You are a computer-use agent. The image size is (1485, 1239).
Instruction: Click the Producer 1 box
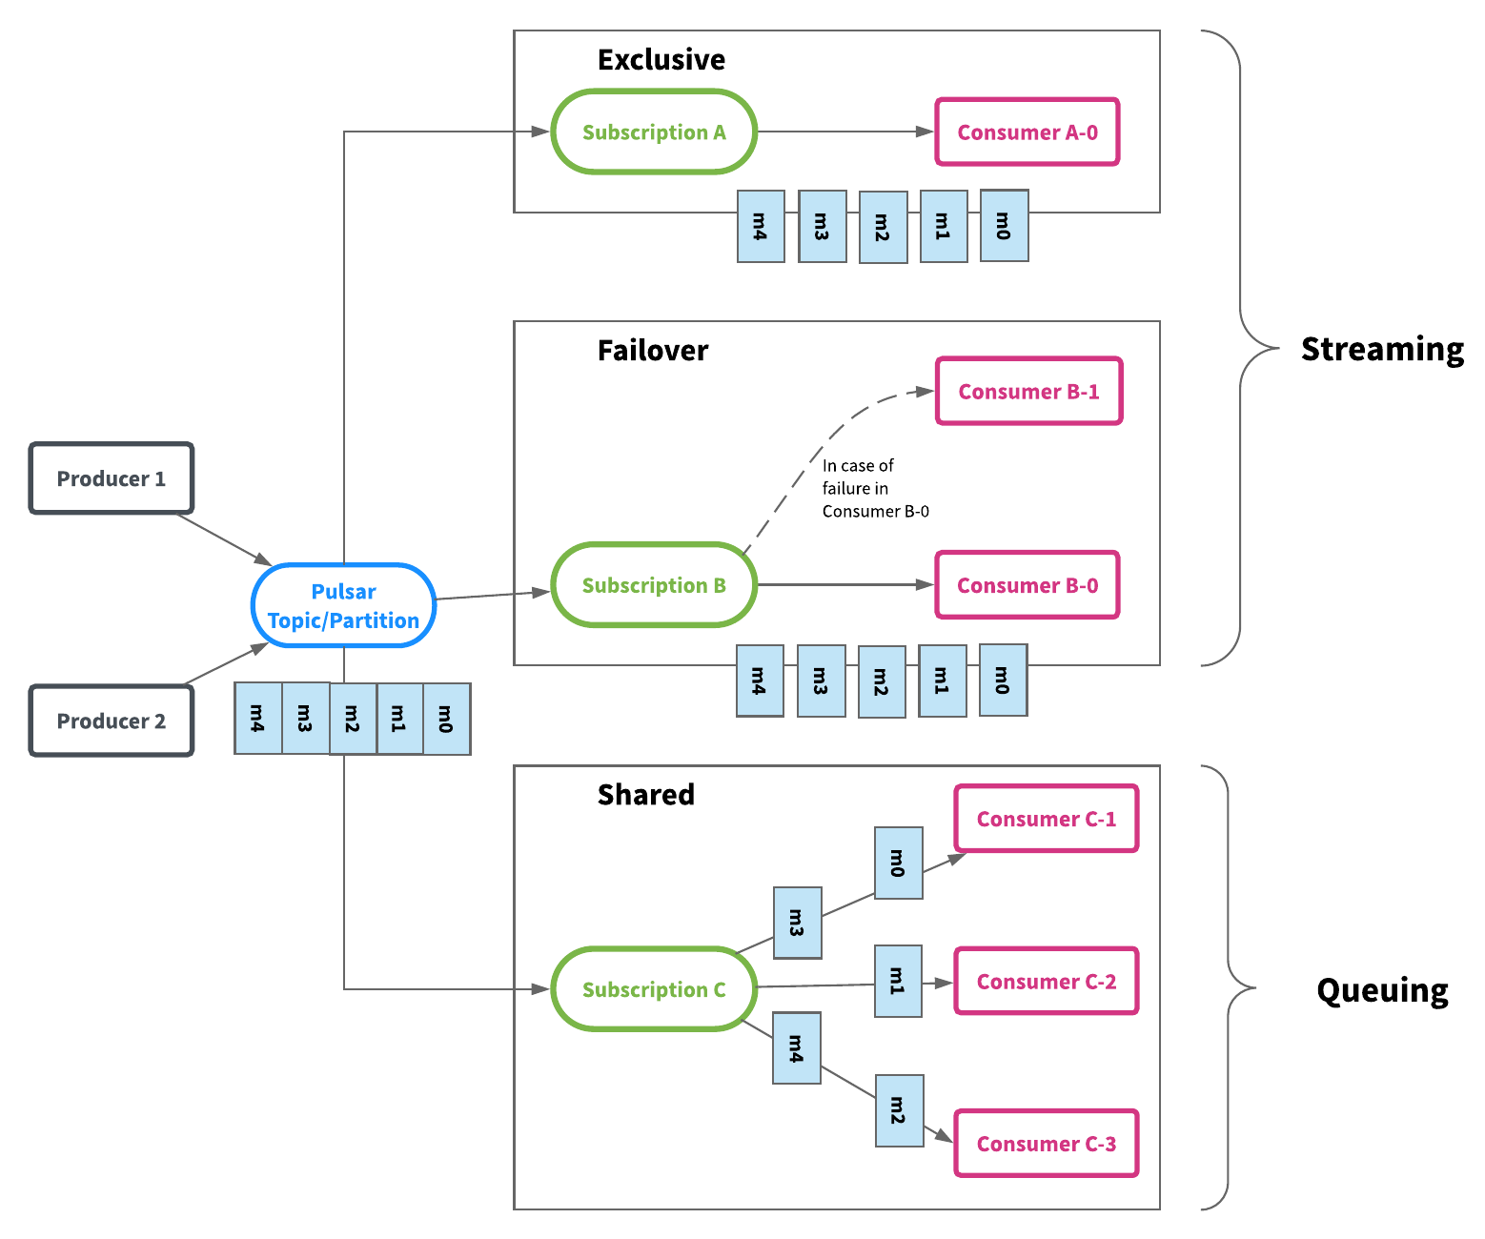coord(111,477)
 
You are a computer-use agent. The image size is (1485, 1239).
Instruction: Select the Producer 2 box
coord(111,720)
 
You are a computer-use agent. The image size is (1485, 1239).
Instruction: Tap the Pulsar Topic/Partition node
coord(343,604)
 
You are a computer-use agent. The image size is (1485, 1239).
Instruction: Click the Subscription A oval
coord(653,131)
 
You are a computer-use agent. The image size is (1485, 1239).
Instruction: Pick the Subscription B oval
coord(653,584)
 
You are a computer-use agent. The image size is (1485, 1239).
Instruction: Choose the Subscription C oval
coord(653,988)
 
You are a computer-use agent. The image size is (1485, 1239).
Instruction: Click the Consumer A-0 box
coord(1027,131)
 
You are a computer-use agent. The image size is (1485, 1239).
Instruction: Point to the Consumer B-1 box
coord(1027,391)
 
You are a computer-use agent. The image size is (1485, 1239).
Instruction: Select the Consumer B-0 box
coord(1027,584)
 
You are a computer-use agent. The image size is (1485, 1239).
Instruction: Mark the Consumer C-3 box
coord(1046,1143)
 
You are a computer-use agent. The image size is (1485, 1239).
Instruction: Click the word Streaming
coord(1381,349)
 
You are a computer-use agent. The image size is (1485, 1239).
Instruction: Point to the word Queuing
coord(1381,990)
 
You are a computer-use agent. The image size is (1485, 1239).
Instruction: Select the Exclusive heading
coord(661,59)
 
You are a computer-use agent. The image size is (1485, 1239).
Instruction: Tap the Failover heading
coord(652,350)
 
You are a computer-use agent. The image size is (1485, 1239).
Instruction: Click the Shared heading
coord(645,794)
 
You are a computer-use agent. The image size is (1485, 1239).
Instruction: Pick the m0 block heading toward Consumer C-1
coord(898,862)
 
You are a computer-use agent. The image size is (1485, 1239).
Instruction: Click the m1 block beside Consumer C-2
coord(897,980)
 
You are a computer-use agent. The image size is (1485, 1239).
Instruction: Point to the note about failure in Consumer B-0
coord(875,488)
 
